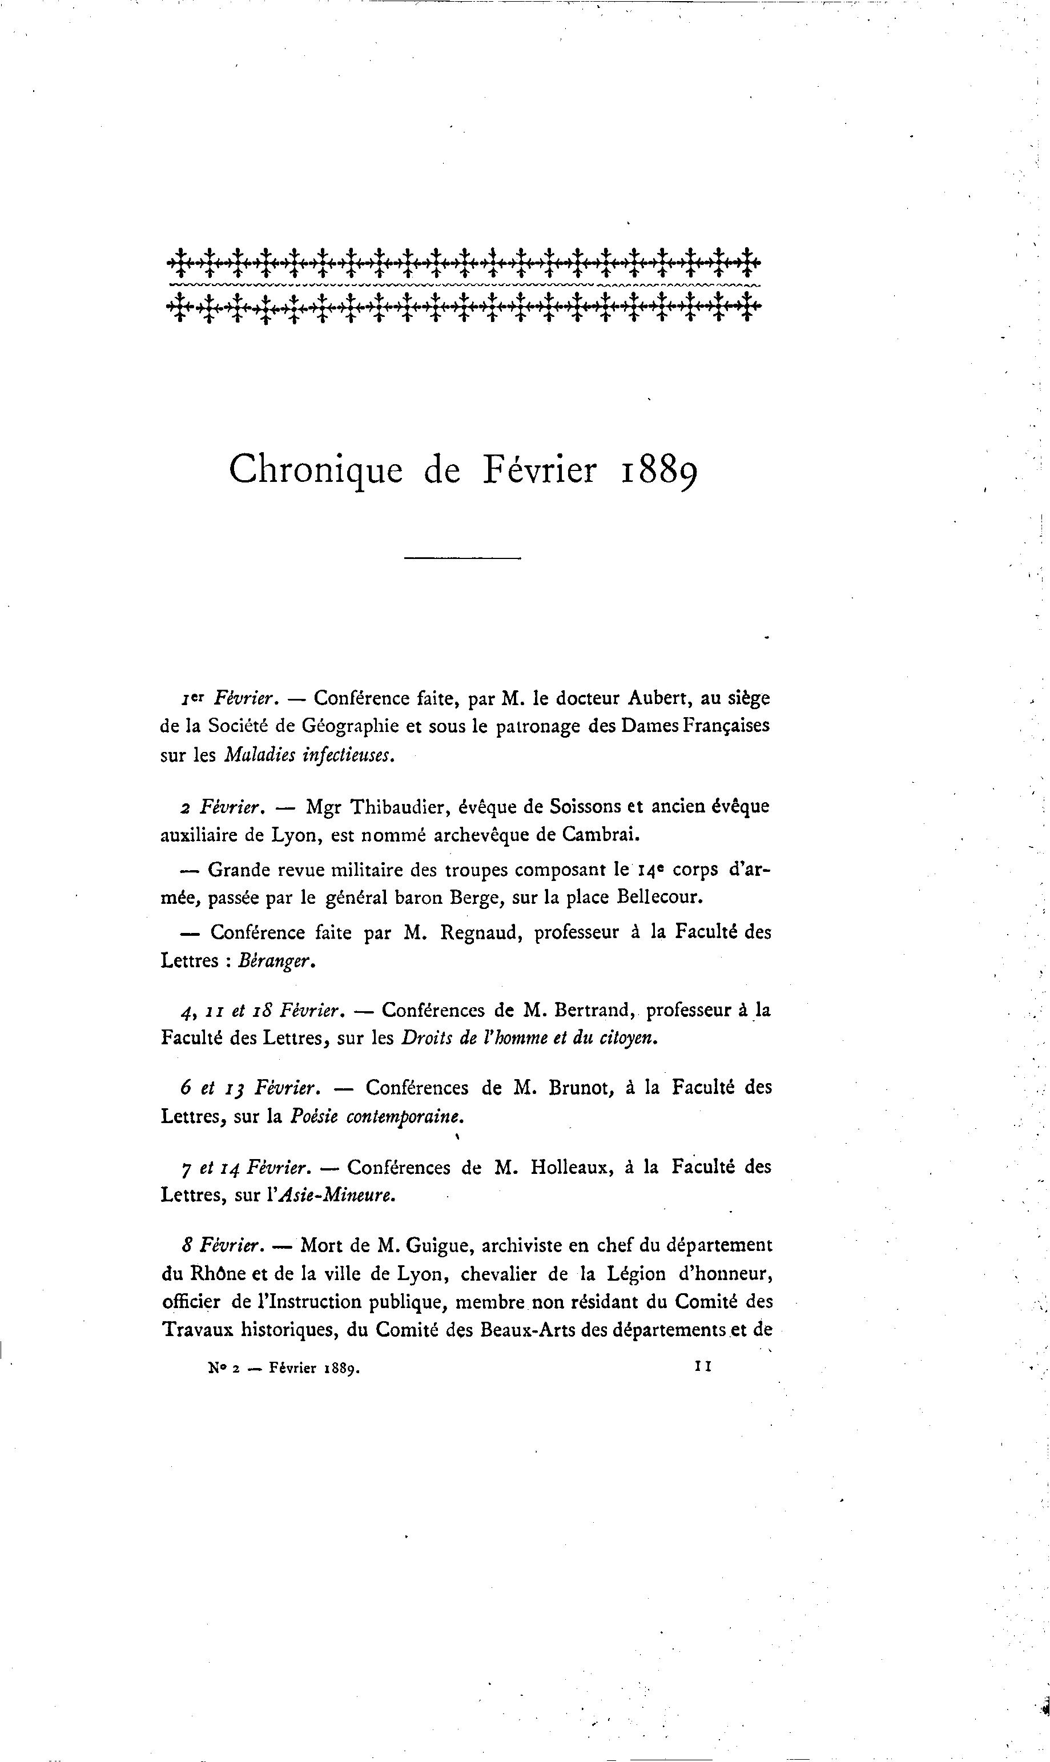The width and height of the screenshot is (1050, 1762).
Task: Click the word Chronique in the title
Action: tap(316, 470)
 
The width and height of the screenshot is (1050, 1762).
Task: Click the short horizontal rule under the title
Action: tap(462, 559)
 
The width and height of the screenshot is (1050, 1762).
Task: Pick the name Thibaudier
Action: tap(399, 806)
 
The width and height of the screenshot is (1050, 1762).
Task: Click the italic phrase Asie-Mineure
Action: tap(337, 1196)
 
